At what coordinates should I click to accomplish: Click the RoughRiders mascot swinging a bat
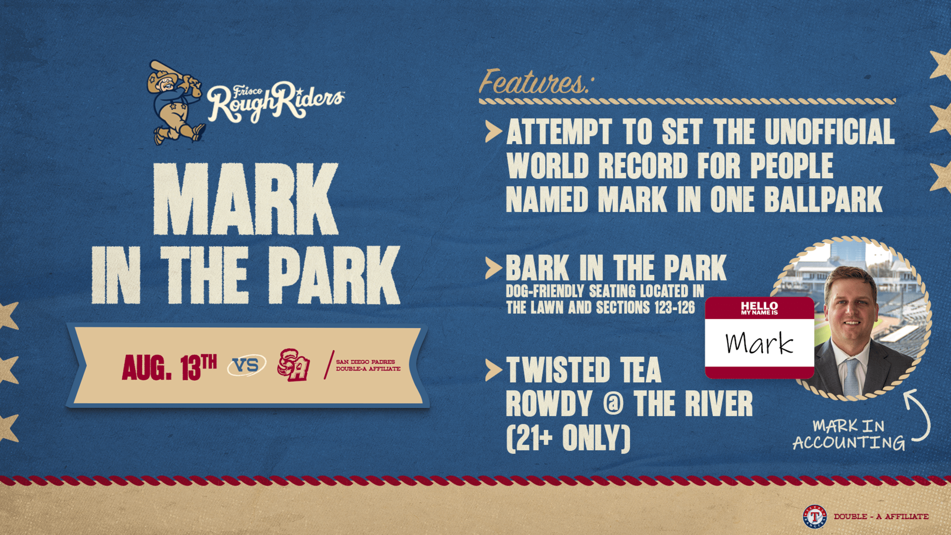[x=175, y=103]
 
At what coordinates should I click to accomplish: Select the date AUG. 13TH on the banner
[x=169, y=367]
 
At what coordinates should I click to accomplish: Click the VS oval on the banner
[x=246, y=366]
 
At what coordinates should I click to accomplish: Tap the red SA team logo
[x=293, y=365]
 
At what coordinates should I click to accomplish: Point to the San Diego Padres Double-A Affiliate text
[x=368, y=365]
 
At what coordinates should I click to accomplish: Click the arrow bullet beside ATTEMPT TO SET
[x=494, y=131]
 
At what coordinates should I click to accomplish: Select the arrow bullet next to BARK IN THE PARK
[x=494, y=268]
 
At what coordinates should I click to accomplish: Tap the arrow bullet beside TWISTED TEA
[x=494, y=370]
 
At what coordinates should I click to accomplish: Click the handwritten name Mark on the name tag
[x=759, y=344]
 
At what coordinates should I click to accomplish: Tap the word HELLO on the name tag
[x=759, y=305]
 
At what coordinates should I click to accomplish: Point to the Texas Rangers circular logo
[x=814, y=516]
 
